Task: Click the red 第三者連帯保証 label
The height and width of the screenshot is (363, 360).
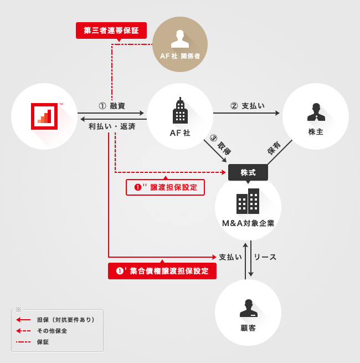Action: (111, 30)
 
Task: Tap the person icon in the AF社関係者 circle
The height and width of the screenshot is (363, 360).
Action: (179, 39)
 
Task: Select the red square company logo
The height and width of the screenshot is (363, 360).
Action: (44, 116)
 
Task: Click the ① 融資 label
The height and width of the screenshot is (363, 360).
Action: (112, 106)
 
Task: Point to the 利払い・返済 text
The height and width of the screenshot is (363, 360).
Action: (112, 126)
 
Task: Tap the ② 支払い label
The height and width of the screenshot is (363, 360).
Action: (248, 106)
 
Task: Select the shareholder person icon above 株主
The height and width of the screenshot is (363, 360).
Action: (316, 112)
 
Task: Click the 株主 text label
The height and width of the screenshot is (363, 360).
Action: (316, 132)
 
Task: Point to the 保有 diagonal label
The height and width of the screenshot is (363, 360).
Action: (274, 147)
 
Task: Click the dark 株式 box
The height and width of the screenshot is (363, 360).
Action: (248, 172)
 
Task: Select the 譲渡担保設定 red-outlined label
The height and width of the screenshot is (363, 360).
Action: (166, 187)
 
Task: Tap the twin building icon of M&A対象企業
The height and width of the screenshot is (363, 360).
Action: (248, 201)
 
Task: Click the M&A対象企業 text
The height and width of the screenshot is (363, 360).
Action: (248, 223)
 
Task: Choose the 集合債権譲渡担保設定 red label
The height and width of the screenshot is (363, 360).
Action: (162, 271)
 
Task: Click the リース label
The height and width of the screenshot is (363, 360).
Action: (265, 257)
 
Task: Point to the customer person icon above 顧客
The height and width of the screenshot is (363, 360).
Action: (248, 309)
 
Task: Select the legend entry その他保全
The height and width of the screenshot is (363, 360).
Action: (52, 331)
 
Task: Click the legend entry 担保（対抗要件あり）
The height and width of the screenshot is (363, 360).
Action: (66, 320)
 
